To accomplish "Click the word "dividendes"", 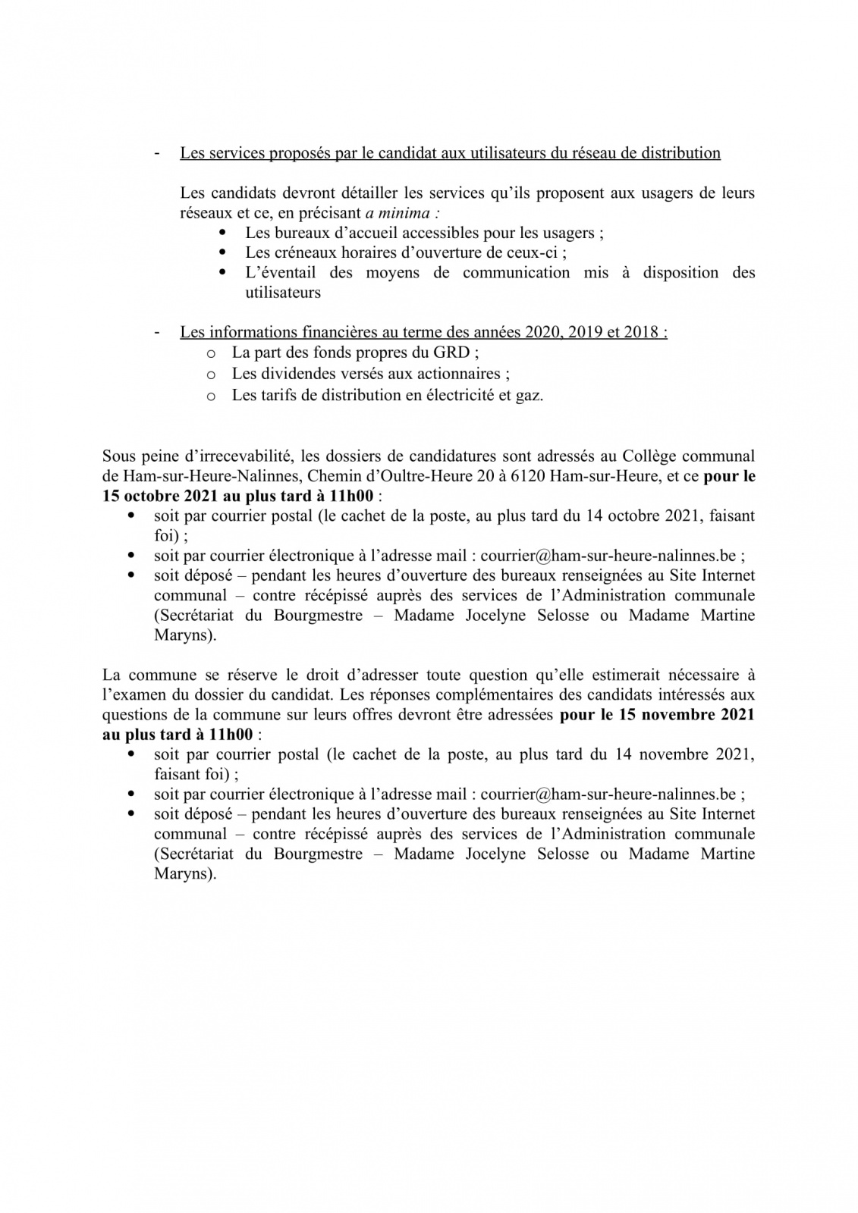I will point(297,374).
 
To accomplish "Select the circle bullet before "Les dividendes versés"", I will point(212,375).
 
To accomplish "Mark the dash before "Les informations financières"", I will point(157,332).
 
